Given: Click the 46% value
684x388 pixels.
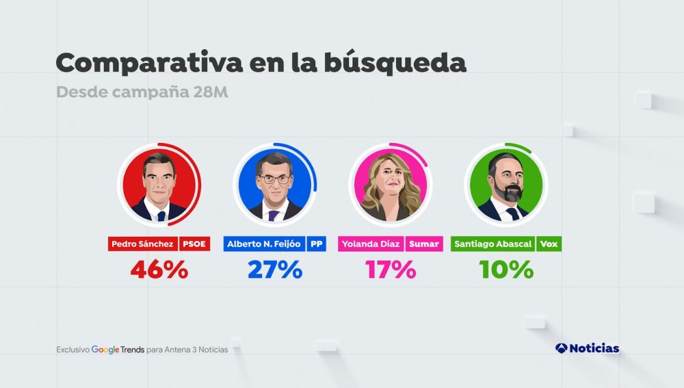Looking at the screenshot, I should click(159, 270).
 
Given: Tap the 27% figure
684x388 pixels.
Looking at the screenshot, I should click(274, 270).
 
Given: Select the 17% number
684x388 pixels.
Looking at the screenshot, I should click(390, 270).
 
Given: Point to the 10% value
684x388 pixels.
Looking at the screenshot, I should click(506, 270).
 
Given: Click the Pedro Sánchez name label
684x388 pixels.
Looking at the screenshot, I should click(143, 244).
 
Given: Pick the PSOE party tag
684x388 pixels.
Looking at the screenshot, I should click(194, 244).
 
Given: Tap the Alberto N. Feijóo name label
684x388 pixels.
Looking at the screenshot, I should click(264, 244).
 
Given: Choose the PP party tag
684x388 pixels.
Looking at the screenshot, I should click(316, 244).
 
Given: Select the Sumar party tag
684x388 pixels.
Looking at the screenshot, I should click(424, 244).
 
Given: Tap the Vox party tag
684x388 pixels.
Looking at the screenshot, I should click(549, 244).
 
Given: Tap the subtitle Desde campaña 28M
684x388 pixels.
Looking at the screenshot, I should click(142, 92).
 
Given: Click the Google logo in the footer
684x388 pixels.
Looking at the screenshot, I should click(106, 349).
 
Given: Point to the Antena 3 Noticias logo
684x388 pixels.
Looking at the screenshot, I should click(587, 348).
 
